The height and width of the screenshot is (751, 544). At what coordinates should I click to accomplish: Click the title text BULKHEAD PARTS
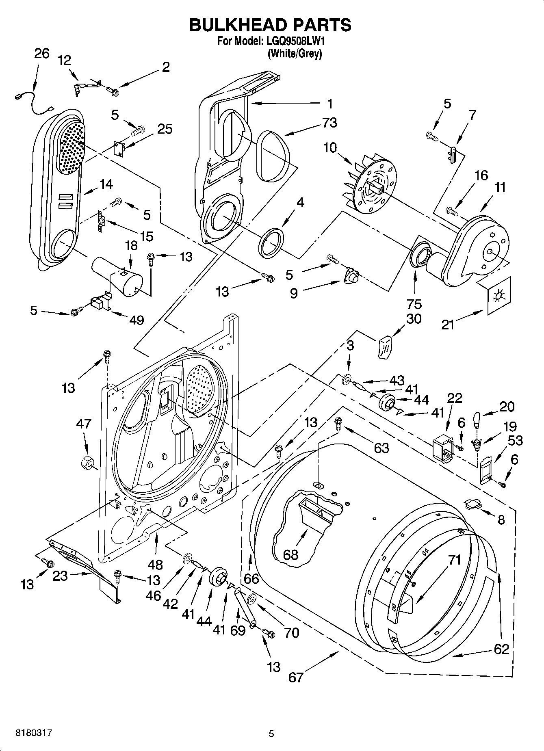click(x=271, y=25)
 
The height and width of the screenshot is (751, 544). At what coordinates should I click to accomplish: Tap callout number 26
click(x=41, y=53)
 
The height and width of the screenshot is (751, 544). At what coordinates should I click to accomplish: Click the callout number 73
click(x=329, y=123)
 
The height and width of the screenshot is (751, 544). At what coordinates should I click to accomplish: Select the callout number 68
click(x=291, y=554)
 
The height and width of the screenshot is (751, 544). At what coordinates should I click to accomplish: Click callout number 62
click(x=501, y=649)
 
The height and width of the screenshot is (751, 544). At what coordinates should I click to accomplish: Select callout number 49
click(x=137, y=320)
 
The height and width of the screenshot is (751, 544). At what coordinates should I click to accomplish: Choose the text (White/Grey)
click(x=295, y=54)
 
